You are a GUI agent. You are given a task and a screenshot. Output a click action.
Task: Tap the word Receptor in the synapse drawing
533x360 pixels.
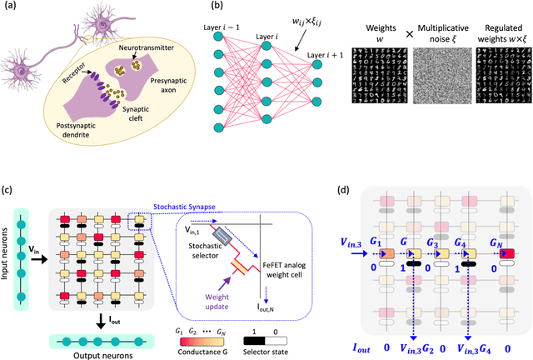click(81, 82)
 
